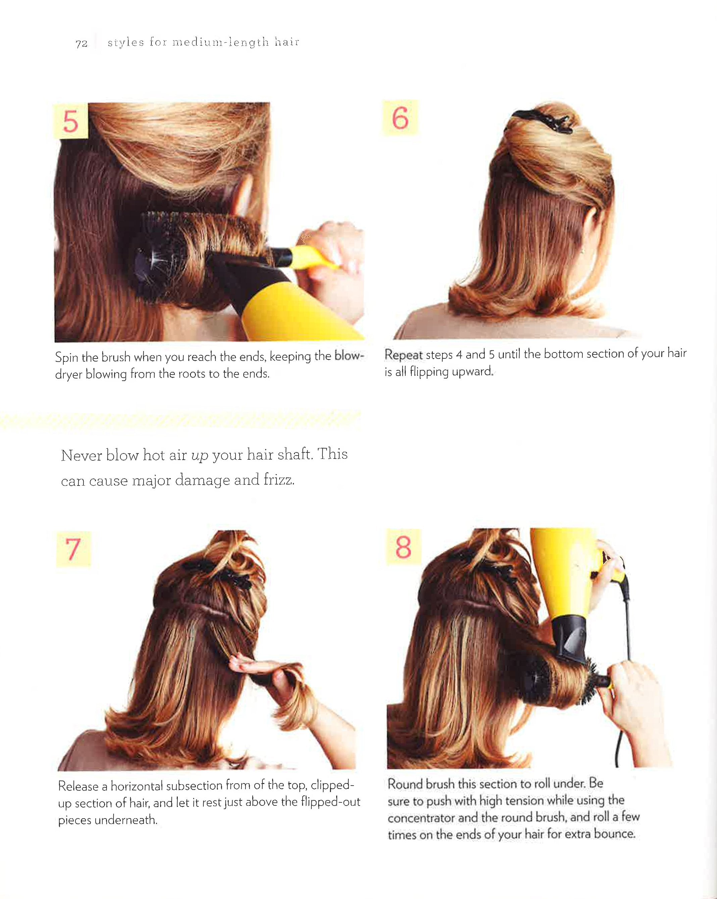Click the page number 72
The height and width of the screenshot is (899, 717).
coord(81,43)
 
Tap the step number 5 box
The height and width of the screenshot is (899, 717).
coord(71,121)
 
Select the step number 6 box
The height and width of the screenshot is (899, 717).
coord(400,118)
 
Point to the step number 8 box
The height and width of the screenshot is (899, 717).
coord(403,547)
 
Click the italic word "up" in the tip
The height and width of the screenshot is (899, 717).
coord(199,455)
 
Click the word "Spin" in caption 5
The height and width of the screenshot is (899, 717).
coord(67,358)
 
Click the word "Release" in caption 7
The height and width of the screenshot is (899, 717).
coord(79,786)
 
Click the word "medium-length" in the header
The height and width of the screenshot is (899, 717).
coord(220,43)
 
